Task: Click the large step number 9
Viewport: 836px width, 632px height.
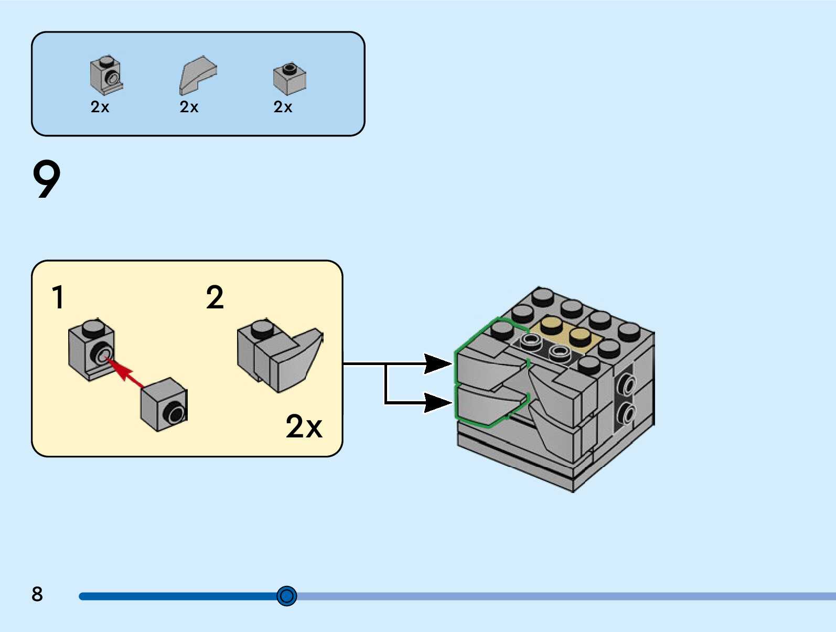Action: [47, 179]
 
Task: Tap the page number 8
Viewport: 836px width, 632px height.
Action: [37, 594]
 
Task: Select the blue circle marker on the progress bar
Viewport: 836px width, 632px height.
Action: [287, 596]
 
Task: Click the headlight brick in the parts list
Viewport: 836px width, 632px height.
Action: [106, 75]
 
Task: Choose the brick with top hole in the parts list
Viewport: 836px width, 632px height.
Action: [290, 78]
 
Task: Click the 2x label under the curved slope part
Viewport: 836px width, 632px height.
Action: [189, 107]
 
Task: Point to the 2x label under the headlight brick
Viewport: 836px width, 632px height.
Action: [100, 107]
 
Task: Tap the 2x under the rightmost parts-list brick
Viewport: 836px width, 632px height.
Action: [283, 107]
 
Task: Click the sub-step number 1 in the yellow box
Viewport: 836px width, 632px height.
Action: [58, 297]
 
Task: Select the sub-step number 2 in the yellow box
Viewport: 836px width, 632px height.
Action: [215, 297]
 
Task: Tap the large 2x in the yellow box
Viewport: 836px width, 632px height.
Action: [304, 426]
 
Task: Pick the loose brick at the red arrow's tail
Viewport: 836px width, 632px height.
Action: [164, 404]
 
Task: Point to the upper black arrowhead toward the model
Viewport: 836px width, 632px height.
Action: [437, 363]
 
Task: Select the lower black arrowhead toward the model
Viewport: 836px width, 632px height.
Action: [437, 403]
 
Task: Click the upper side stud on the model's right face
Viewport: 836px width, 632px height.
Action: [626, 384]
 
